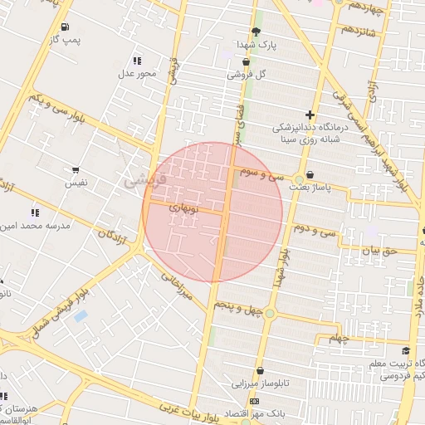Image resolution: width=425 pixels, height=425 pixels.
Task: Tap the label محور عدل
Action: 137,74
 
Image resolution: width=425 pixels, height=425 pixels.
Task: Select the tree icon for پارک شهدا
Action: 255,32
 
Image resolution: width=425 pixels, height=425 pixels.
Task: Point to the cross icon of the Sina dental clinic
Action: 310,115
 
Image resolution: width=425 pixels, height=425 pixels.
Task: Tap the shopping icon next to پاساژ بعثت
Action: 310,175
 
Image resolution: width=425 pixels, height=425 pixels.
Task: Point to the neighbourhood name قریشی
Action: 144,178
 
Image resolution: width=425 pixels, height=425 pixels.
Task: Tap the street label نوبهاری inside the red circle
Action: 183,208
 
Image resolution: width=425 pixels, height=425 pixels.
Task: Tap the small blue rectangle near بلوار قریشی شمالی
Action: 81,315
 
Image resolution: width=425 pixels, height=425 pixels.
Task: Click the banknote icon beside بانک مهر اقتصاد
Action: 254,402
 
